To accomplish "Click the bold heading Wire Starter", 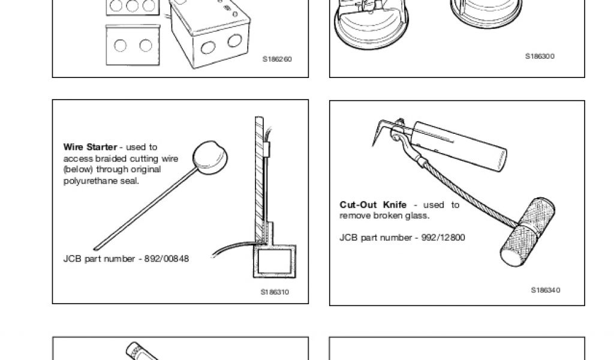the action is click(90, 147).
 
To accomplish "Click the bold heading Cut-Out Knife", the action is click(373, 205).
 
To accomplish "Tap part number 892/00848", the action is click(167, 259).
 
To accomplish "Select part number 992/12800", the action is click(443, 238).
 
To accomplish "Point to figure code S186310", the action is click(275, 292).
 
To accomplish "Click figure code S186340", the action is click(546, 290).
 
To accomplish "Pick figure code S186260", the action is click(277, 59).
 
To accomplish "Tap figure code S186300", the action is click(540, 56).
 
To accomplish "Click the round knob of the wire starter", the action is click(210, 157).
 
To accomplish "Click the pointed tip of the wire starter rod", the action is click(95, 248).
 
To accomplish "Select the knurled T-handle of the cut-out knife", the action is click(528, 232).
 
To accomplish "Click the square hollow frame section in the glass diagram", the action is click(275, 261).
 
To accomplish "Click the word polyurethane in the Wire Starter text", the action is click(101, 181).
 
